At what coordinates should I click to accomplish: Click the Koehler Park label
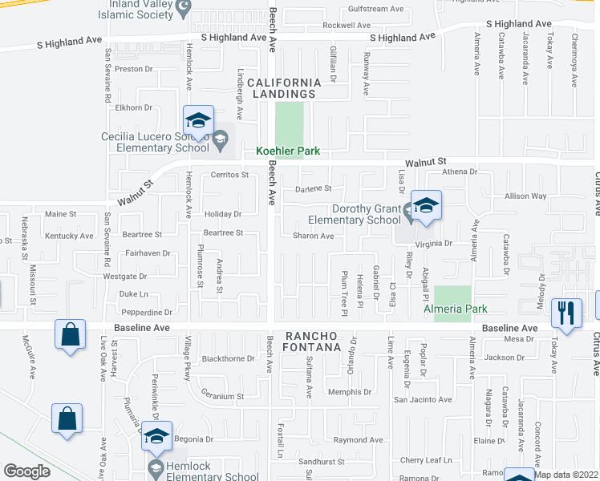coord(288,151)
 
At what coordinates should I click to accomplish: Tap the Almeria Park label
coord(456,309)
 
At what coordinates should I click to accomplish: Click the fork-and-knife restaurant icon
coord(568,313)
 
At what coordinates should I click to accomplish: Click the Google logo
coord(26,471)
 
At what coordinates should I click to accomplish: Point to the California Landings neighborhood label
coord(294,88)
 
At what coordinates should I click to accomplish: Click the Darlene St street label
coord(313,189)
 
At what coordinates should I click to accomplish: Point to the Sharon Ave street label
coord(313,236)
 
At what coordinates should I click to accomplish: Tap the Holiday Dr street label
coord(222,214)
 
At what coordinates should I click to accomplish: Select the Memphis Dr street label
coord(351,392)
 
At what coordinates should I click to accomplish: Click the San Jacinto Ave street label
coord(422,399)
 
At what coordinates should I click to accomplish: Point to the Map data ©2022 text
coord(567,475)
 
